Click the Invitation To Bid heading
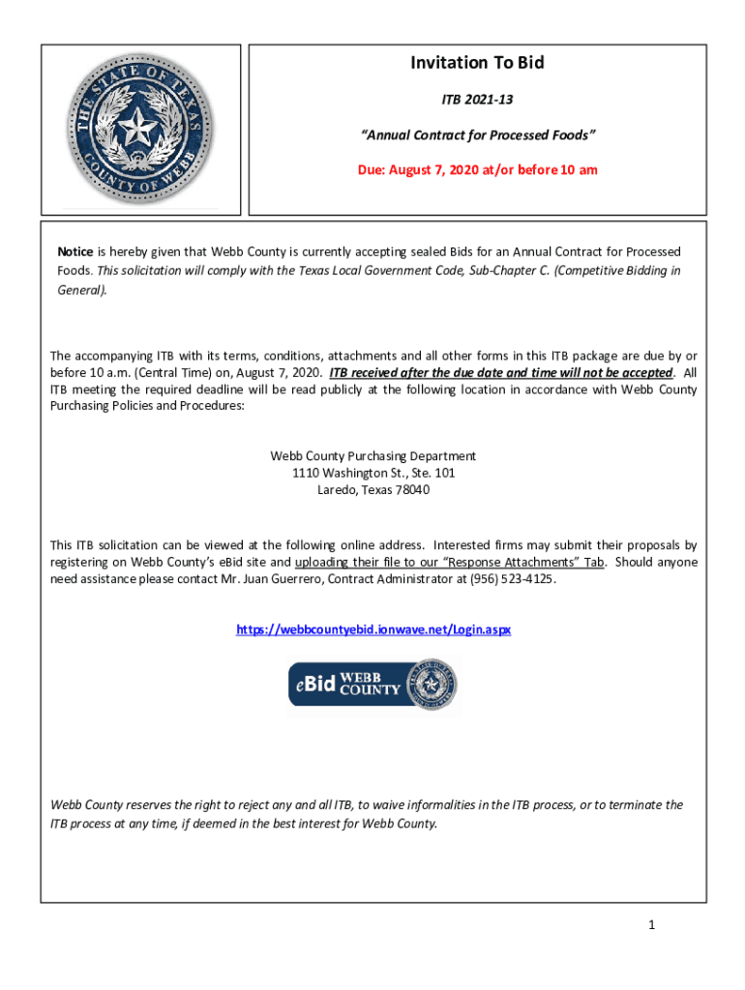click(x=477, y=64)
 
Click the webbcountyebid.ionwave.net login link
click(x=373, y=629)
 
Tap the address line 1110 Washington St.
click(x=373, y=473)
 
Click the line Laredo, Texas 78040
click(x=373, y=490)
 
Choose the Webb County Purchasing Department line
click(x=373, y=455)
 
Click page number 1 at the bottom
click(x=652, y=925)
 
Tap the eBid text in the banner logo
click(x=313, y=685)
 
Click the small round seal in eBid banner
click(x=432, y=685)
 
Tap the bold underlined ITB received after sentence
click(x=500, y=373)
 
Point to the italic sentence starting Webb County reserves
click(x=366, y=814)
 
